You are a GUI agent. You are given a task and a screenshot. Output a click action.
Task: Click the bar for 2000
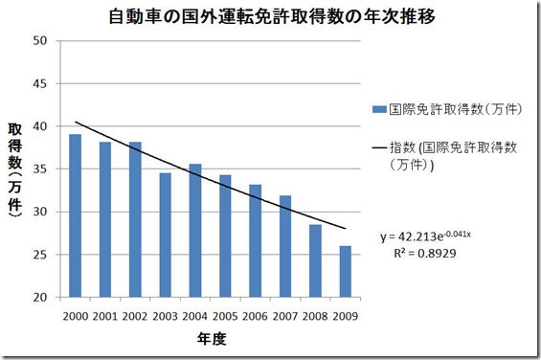click(76, 215)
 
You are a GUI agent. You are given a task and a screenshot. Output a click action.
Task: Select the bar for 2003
click(165, 235)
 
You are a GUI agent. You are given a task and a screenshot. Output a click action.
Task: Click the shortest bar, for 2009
click(344, 272)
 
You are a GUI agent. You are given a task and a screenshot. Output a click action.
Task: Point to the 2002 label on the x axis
click(135, 315)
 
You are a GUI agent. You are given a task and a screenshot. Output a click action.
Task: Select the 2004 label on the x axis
click(195, 315)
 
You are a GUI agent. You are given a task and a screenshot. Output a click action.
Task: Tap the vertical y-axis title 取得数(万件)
click(15, 172)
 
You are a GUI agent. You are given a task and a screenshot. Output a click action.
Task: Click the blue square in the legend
click(379, 110)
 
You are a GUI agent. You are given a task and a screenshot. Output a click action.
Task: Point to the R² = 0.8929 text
click(432, 255)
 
